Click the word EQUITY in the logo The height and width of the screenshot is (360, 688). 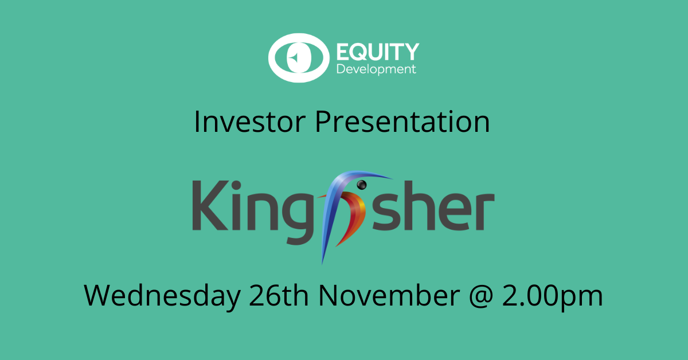click(377, 52)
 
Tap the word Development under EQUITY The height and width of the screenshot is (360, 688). click(376, 71)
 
